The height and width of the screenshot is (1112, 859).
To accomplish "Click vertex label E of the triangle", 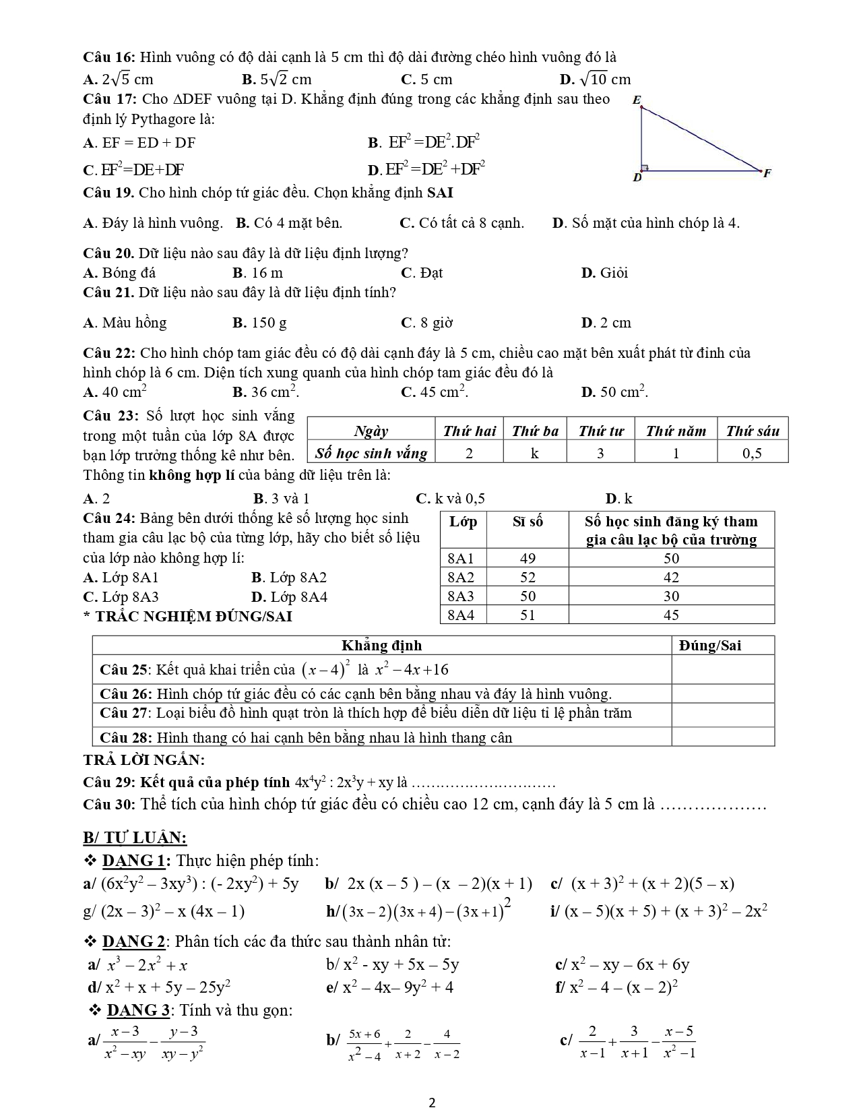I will pyautogui.click(x=637, y=100).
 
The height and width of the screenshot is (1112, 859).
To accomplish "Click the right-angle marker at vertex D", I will pyautogui.click(x=645, y=167).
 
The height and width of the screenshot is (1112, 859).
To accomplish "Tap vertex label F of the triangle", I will pyautogui.click(x=767, y=173).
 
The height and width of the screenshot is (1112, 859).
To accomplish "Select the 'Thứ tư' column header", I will pyautogui.click(x=600, y=431).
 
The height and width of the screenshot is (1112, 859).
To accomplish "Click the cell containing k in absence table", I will pyautogui.click(x=534, y=453).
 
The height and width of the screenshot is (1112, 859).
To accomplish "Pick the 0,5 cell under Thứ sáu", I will pyautogui.click(x=752, y=453).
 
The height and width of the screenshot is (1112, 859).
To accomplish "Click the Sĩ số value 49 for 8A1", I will pyautogui.click(x=528, y=558).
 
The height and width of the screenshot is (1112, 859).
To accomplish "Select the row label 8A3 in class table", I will pyautogui.click(x=461, y=596).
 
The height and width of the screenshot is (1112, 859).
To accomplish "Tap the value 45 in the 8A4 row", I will pyautogui.click(x=671, y=615).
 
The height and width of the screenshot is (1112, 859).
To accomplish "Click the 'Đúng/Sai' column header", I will pyautogui.click(x=709, y=645).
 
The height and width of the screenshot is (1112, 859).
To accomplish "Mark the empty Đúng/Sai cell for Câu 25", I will pyautogui.click(x=722, y=669).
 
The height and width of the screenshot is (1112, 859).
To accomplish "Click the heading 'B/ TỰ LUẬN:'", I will pyautogui.click(x=135, y=838).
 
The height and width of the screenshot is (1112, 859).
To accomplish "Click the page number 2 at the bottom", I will pyautogui.click(x=432, y=1103).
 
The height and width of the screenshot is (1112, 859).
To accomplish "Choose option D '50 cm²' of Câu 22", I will pyautogui.click(x=614, y=392).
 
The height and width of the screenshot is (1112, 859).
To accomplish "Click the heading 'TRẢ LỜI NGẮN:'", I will pyautogui.click(x=144, y=760).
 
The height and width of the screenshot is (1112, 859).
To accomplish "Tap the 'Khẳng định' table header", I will pyautogui.click(x=381, y=645).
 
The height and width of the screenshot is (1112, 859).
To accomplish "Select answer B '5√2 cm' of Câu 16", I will pyautogui.click(x=276, y=80).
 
